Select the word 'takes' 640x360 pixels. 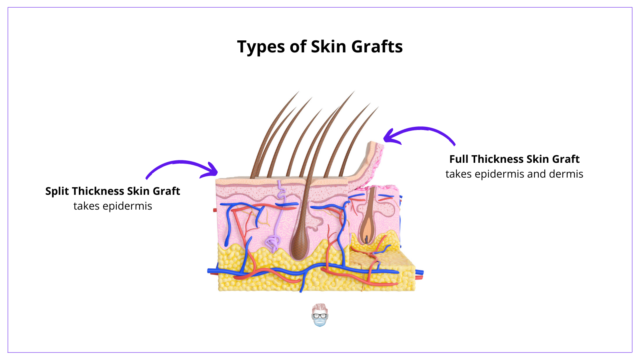pos(458,174)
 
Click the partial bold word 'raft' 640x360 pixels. pos(172,191)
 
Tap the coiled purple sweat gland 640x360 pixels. pos(273,242)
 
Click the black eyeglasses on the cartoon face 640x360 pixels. pos(320,316)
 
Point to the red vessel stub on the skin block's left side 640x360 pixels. pos(215,210)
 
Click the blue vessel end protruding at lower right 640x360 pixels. pos(419,272)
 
